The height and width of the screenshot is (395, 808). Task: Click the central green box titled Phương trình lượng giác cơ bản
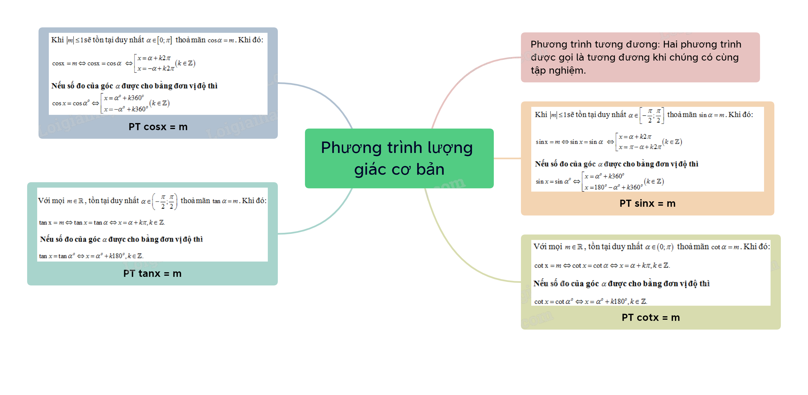(399, 158)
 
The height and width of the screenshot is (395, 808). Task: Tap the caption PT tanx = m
(152, 274)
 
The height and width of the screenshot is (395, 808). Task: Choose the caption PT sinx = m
(647, 203)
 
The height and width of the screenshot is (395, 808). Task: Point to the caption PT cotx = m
(651, 318)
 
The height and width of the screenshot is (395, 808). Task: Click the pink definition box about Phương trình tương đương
(640, 58)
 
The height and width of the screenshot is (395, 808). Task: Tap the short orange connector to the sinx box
(507, 159)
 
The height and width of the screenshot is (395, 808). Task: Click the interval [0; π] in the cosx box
(164, 40)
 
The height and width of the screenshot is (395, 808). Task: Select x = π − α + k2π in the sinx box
(640, 147)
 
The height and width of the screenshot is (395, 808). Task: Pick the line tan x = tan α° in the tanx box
(91, 256)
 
